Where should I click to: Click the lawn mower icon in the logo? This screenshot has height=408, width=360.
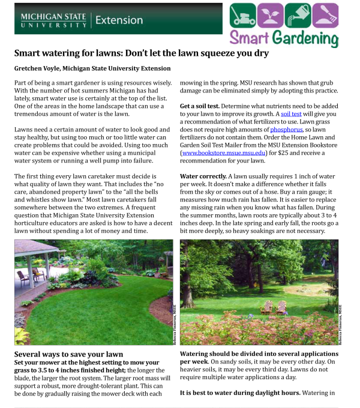[243, 14]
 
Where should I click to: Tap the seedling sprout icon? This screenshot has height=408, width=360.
[270, 14]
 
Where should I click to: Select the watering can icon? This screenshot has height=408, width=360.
[298, 14]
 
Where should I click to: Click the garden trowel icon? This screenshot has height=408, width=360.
[325, 14]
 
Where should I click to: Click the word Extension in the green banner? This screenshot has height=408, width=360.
[119, 20]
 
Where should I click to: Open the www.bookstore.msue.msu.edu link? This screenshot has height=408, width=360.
[222, 152]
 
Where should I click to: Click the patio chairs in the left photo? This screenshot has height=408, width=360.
[30, 277]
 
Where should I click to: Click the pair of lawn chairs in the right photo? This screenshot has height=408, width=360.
[274, 307]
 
